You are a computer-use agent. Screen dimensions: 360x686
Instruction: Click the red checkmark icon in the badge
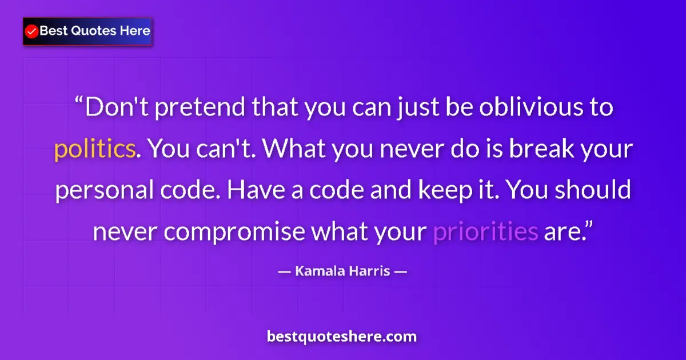(x=32, y=31)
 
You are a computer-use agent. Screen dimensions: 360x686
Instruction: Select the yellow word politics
(x=95, y=150)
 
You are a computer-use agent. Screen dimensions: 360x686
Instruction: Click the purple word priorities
(x=486, y=232)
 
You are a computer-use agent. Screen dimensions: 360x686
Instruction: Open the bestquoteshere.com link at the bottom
(x=342, y=337)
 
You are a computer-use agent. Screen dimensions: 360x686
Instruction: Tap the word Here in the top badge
(x=135, y=31)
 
